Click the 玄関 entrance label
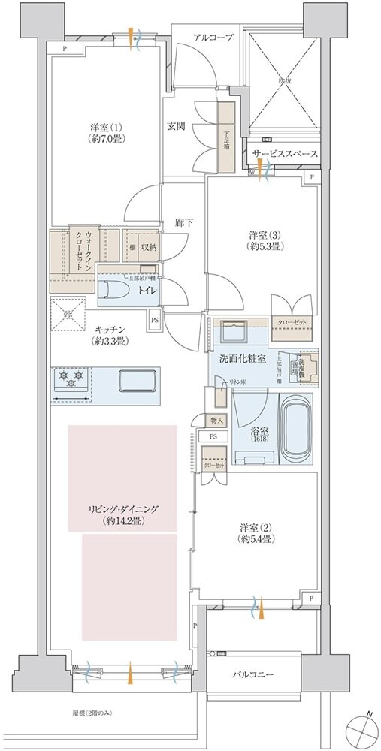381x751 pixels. (x=176, y=126)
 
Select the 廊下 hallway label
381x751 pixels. (x=184, y=222)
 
